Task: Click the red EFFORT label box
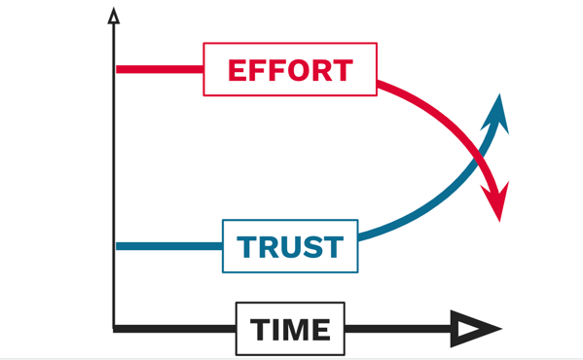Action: coord(289,70)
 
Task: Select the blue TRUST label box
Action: coord(290,246)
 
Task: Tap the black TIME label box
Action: coord(290,330)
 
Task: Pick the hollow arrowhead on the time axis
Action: coord(477,330)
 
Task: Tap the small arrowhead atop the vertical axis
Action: coord(115,16)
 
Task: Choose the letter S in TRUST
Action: coord(310,247)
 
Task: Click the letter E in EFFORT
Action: coord(237,70)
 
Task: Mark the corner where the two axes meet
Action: coord(115,329)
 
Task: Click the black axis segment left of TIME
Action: coord(175,330)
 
